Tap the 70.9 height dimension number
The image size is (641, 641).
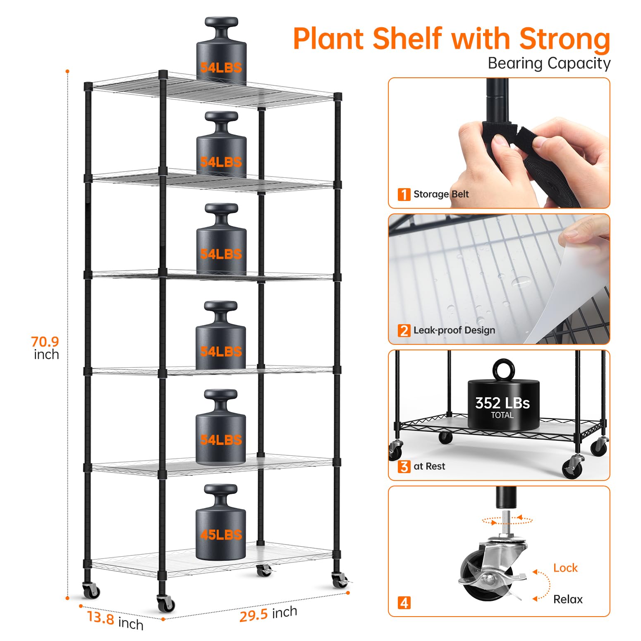click(45, 342)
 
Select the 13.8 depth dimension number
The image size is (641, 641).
click(100, 617)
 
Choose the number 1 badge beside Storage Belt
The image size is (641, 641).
click(404, 194)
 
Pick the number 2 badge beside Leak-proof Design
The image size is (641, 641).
click(404, 330)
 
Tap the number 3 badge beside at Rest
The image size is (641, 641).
click(404, 466)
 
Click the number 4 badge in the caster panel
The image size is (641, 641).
click(404, 603)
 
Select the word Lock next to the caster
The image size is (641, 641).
click(565, 568)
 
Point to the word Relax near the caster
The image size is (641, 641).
click(568, 599)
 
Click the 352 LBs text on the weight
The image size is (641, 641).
click(502, 403)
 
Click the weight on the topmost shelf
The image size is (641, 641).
click(221, 51)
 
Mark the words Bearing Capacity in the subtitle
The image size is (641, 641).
click(549, 63)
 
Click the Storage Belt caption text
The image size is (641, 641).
click(441, 194)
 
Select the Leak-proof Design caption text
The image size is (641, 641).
click(454, 330)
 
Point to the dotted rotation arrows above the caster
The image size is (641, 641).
click(507, 520)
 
